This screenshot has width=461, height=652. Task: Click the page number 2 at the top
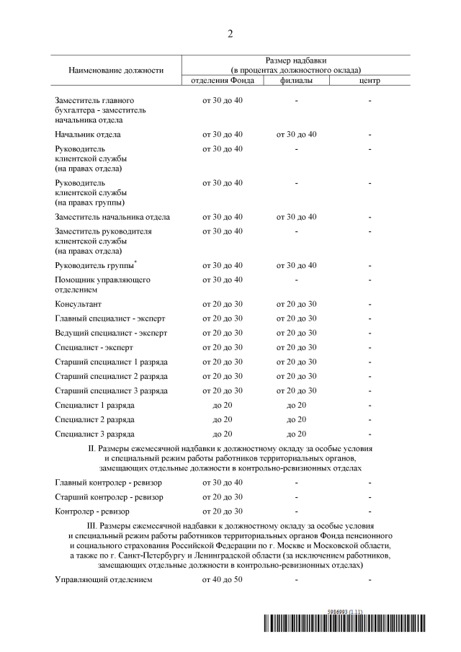pos(230,34)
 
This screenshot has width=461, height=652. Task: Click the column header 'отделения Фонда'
pos(222,80)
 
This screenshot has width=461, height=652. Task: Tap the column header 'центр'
pos(369,80)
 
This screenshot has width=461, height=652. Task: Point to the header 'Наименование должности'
pos(116,70)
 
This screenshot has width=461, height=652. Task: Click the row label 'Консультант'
pos(79,305)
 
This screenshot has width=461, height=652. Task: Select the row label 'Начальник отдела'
pos(88,135)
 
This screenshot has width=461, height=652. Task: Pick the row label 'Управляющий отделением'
pos(104,580)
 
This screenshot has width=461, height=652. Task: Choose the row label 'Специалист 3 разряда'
pos(94,434)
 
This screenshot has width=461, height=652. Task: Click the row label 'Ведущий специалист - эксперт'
pos(111,334)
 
